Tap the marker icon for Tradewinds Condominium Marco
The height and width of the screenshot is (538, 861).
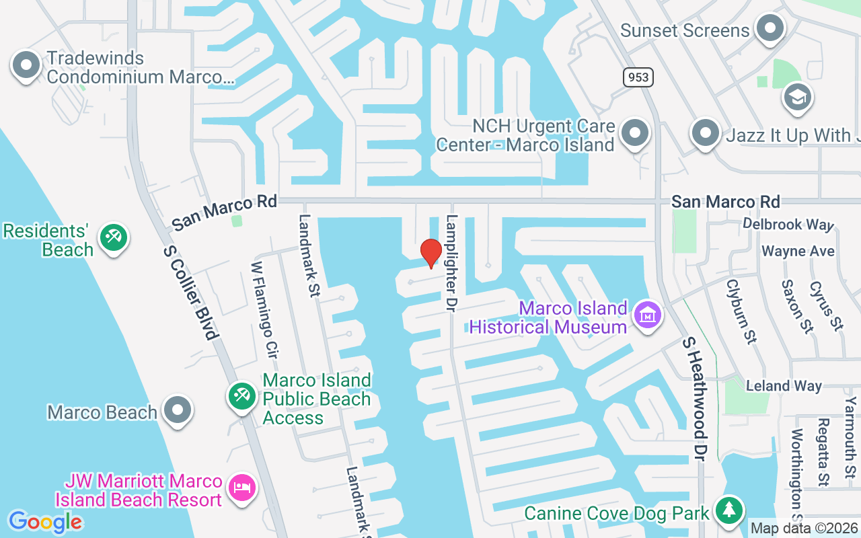pyautogui.click(x=26, y=66)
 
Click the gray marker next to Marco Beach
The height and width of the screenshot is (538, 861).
pyautogui.click(x=178, y=410)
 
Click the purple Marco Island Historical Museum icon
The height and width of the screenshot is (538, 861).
pyautogui.click(x=647, y=315)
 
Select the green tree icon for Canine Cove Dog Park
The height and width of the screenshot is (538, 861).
pyautogui.click(x=728, y=510)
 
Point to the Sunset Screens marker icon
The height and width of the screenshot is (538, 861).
pyautogui.click(x=770, y=29)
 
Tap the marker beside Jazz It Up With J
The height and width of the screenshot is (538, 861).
pyautogui.click(x=705, y=133)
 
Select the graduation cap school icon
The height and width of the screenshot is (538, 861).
pyautogui.click(x=798, y=98)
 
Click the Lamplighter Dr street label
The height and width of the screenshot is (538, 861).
pyautogui.click(x=452, y=263)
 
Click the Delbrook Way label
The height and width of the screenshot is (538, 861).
pyautogui.click(x=788, y=224)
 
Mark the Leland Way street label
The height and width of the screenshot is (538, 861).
pyautogui.click(x=784, y=386)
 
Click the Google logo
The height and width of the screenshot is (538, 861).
pyautogui.click(x=45, y=522)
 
